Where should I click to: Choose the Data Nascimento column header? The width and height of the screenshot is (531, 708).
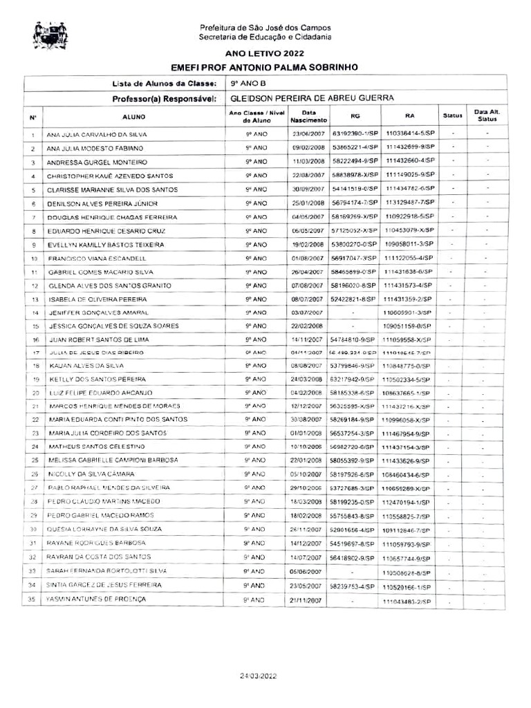pyautogui.click(x=308, y=116)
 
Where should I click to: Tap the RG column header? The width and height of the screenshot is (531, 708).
pyautogui.click(x=355, y=116)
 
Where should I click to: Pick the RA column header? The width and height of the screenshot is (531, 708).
pyautogui.click(x=409, y=116)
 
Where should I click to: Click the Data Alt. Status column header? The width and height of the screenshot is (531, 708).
pyautogui.click(x=487, y=116)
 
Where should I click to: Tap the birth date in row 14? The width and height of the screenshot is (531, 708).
pyautogui.click(x=308, y=313)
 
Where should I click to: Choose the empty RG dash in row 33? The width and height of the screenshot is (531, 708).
pyautogui.click(x=353, y=572)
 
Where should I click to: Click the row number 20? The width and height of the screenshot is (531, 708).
pyautogui.click(x=33, y=393)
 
